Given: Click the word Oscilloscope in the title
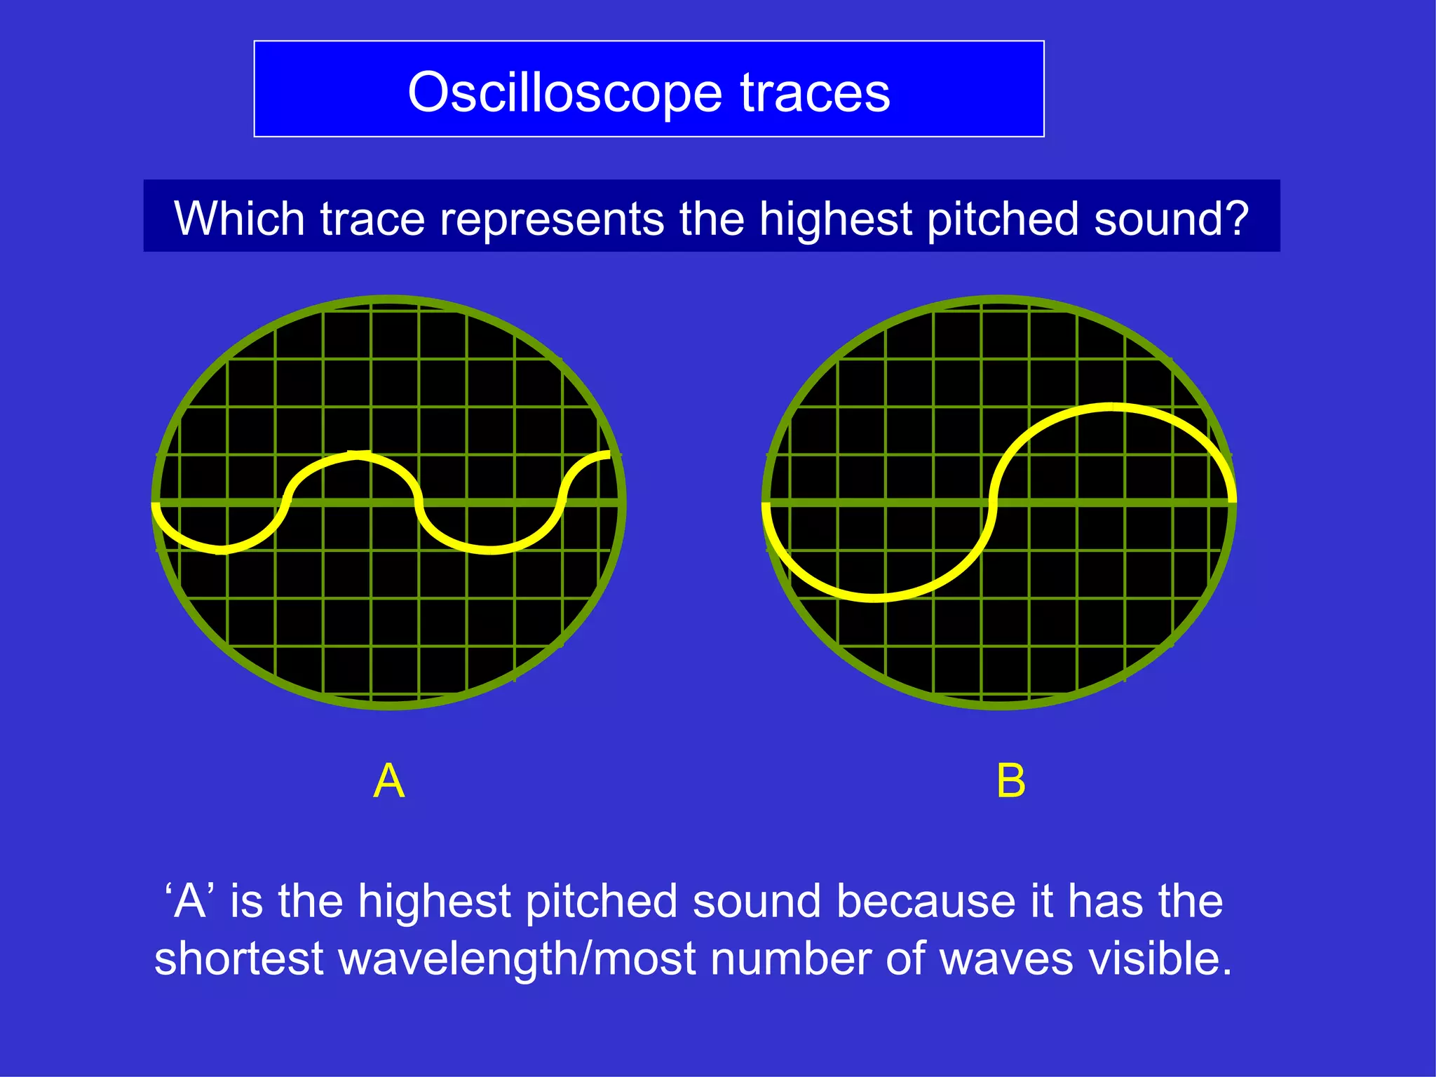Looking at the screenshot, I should [x=564, y=93].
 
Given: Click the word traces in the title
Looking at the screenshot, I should [x=815, y=93].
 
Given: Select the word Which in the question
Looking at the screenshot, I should [x=239, y=219].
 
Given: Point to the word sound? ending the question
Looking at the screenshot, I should [x=1171, y=219].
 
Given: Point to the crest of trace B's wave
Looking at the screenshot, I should [x=1111, y=407].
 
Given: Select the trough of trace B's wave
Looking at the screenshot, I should [x=875, y=597].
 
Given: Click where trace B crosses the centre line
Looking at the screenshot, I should [x=993, y=502].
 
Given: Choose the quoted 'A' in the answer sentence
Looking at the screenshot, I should [x=189, y=901].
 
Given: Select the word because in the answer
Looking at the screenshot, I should [x=926, y=901].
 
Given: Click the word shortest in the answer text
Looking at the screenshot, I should [x=238, y=959].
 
